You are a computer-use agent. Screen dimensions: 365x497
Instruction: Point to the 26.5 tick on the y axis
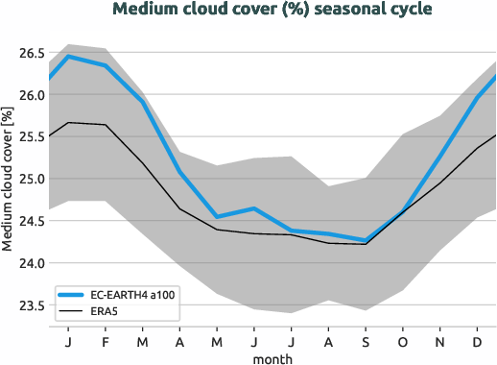point(26,52)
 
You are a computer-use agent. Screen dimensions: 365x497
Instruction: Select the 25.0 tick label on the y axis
point(26,179)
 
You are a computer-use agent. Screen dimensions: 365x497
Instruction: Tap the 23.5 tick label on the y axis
point(26,305)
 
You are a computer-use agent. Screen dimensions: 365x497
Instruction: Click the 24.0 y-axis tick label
point(26,263)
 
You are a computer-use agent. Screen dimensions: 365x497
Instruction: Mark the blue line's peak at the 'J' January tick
point(68,56)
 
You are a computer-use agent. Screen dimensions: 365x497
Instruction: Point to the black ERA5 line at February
point(106,125)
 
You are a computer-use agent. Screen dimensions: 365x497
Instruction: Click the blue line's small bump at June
point(253,208)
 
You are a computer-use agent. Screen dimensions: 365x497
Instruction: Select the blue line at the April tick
point(179,172)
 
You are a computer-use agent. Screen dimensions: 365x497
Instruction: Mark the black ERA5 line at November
point(439,182)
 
